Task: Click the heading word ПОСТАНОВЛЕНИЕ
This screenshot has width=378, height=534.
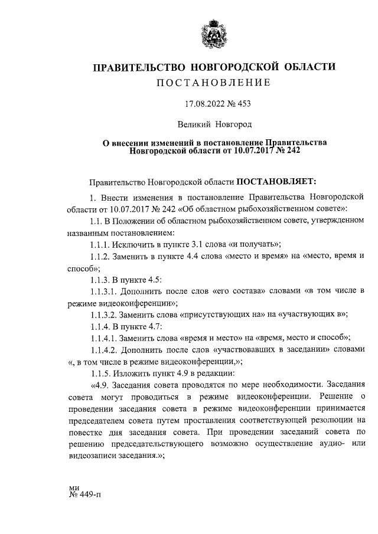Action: coord(213,83)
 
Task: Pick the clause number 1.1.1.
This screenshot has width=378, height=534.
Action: coord(102,244)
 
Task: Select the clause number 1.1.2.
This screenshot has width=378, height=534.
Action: coord(102,257)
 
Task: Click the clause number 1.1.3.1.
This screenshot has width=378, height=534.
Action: coord(105,291)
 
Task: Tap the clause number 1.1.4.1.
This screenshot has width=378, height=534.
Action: coord(105,338)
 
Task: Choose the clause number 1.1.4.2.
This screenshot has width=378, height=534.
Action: coord(105,349)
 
